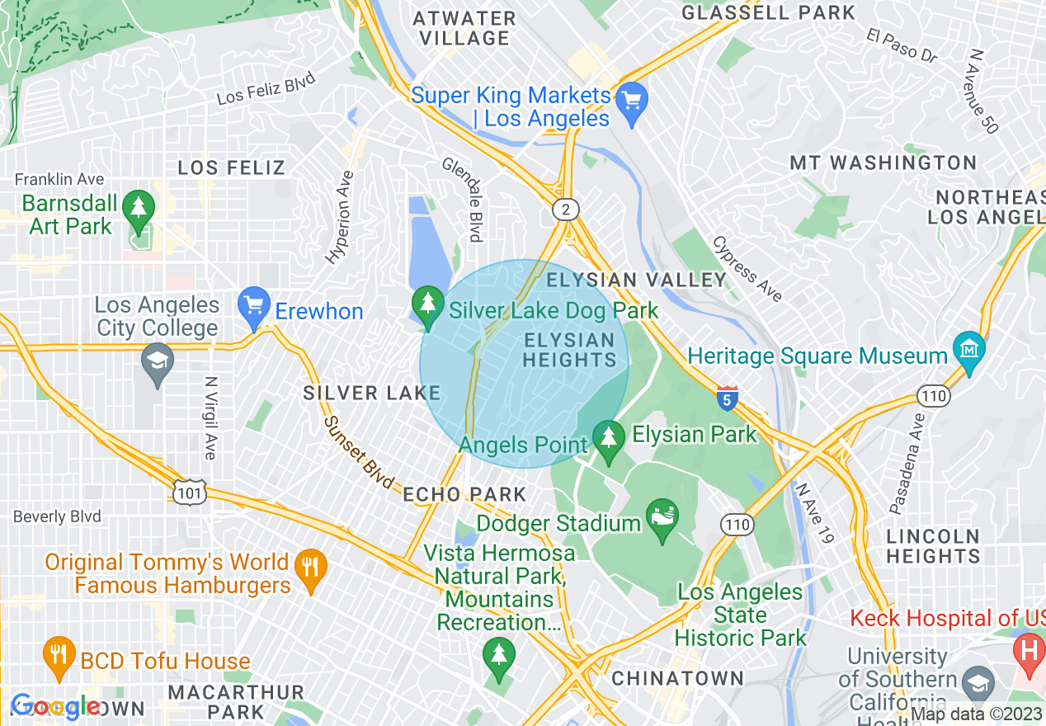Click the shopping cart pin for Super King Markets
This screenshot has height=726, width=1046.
pyautogui.click(x=632, y=102)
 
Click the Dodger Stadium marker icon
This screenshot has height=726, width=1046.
pyautogui.click(x=662, y=519)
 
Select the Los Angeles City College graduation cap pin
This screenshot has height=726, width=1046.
pyautogui.click(x=157, y=362)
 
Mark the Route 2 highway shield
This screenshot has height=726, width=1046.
pyautogui.click(x=565, y=210)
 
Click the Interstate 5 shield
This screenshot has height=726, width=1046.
pyautogui.click(x=727, y=398)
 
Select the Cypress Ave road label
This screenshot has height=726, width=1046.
pyautogui.click(x=747, y=269)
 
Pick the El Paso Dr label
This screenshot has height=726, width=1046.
pyautogui.click(x=902, y=46)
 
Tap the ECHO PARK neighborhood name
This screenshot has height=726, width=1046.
pyautogui.click(x=464, y=494)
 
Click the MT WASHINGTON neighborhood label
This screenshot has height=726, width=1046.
pyautogui.click(x=883, y=163)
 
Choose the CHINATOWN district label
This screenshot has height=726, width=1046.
pyautogui.click(x=677, y=678)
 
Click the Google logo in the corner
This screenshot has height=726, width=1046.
pyautogui.click(x=55, y=707)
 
